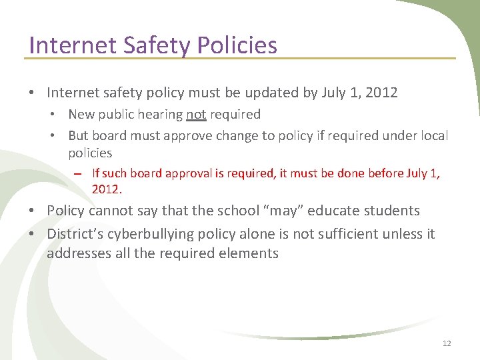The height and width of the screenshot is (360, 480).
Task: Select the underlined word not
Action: point(196,115)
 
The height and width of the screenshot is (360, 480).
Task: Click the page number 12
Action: point(447,343)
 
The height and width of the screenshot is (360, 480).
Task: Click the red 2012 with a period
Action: point(107,189)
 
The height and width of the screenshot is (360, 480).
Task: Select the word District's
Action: point(73,234)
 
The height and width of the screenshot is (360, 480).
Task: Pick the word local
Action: point(433,135)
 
